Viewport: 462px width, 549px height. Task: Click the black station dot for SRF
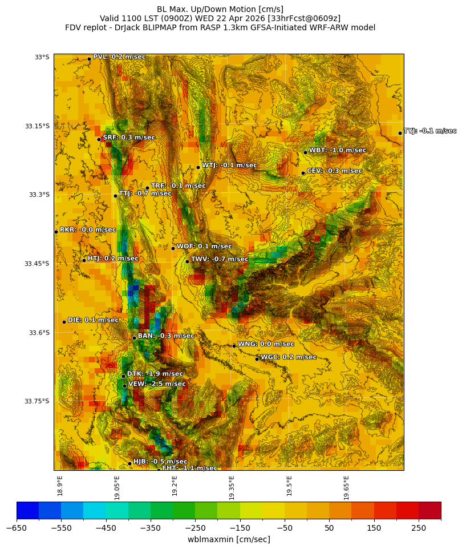click(x=99, y=139)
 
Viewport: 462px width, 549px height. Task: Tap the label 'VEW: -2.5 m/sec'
click(x=157, y=384)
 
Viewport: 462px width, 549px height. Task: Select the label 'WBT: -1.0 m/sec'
click(x=337, y=150)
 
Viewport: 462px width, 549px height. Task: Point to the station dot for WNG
click(x=234, y=346)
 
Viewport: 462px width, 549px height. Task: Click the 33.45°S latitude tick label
click(x=37, y=264)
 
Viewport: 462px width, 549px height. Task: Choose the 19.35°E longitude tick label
click(x=232, y=486)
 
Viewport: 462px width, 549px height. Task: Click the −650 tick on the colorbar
click(x=17, y=528)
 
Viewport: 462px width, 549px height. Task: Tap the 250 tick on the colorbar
click(x=419, y=528)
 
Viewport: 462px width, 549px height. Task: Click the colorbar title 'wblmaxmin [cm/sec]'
click(x=229, y=539)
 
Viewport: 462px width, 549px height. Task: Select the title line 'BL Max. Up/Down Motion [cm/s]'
click(x=220, y=9)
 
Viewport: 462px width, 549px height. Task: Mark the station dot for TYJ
click(x=400, y=133)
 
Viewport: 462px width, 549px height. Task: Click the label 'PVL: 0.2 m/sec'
click(x=119, y=56)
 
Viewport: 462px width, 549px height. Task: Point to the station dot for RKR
click(x=56, y=232)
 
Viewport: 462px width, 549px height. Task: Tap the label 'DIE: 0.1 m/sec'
click(x=93, y=320)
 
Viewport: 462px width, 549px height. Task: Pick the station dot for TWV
click(x=187, y=261)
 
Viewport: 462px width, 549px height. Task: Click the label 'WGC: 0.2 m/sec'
click(x=288, y=357)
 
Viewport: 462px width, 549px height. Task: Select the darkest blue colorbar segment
click(x=27, y=510)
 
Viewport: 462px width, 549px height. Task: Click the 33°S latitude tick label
click(x=42, y=57)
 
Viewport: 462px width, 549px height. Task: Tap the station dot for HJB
click(x=129, y=463)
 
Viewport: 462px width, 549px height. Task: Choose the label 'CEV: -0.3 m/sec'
click(x=334, y=171)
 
